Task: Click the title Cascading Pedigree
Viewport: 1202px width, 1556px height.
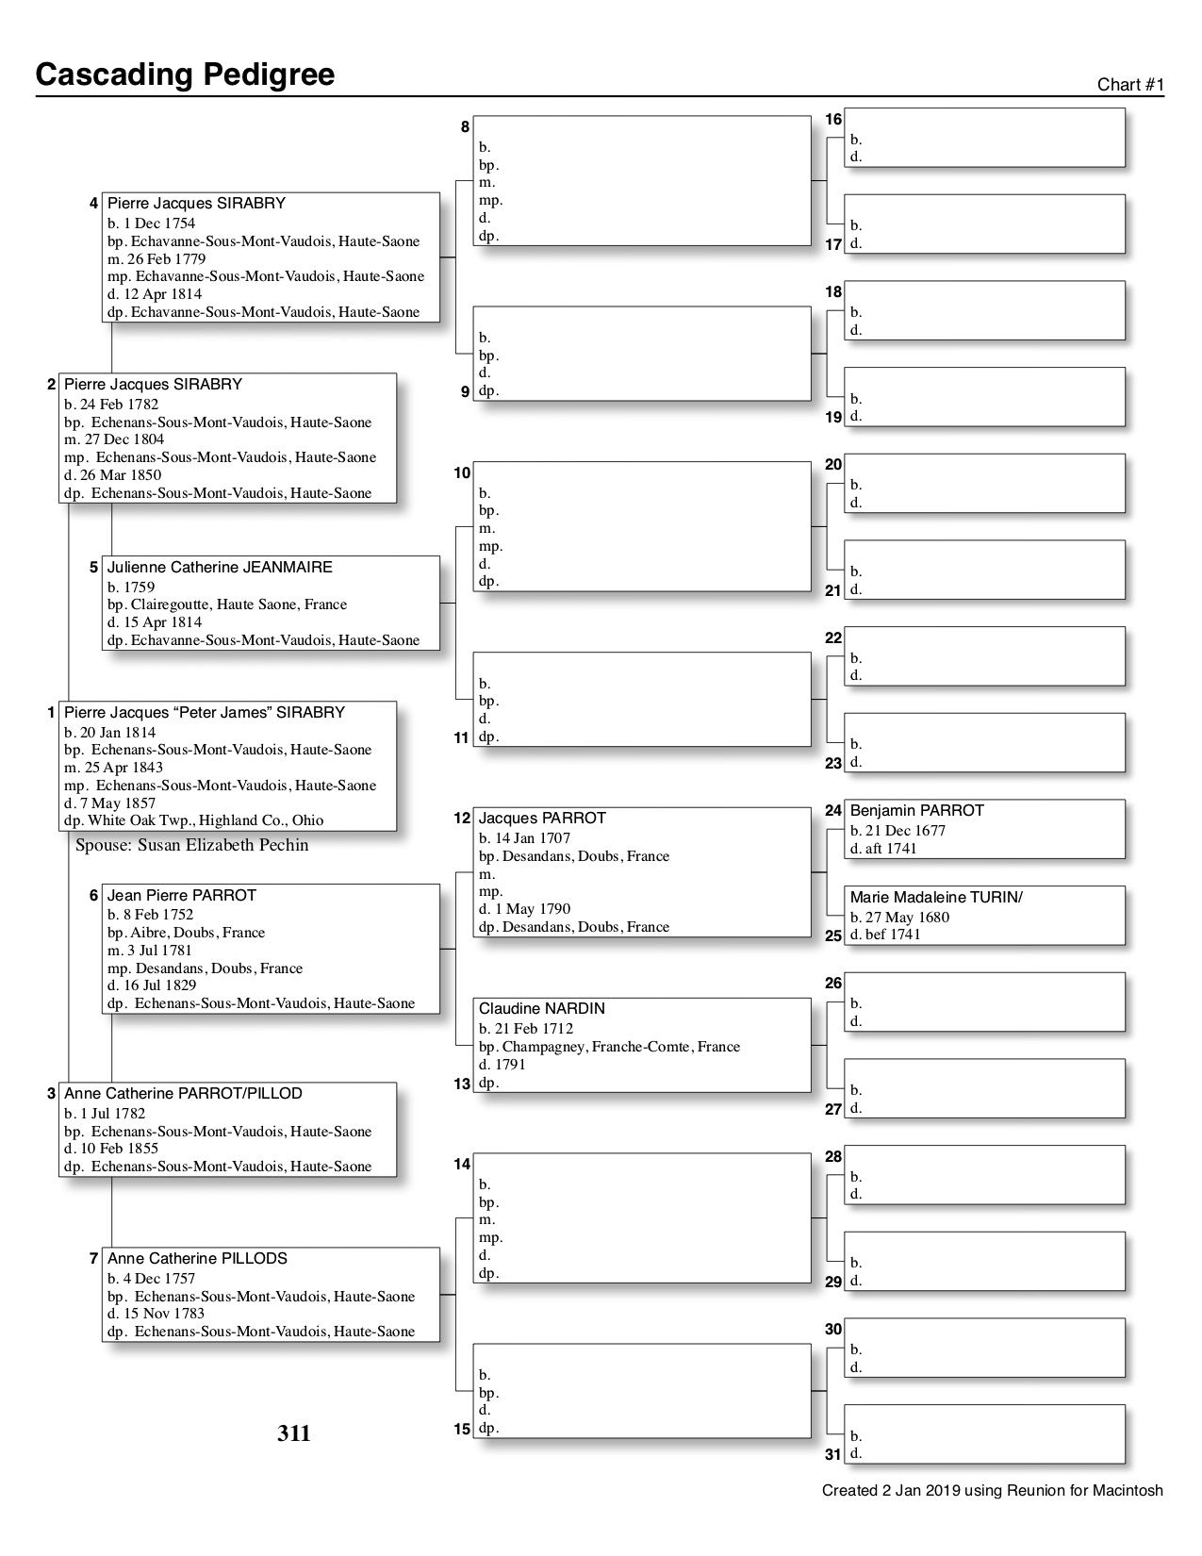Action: (185, 74)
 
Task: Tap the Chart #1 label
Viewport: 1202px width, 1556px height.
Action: (1130, 85)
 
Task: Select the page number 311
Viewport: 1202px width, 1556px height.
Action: (293, 1434)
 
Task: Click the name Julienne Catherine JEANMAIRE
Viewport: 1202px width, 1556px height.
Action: (220, 567)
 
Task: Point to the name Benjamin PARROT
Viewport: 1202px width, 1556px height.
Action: (916, 810)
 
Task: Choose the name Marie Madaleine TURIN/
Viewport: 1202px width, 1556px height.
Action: (935, 897)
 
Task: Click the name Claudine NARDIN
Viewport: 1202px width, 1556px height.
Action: (541, 1008)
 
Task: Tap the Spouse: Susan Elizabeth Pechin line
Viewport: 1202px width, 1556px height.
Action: (191, 845)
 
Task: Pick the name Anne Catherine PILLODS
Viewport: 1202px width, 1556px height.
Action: (197, 1258)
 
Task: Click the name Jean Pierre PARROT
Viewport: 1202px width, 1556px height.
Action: (181, 895)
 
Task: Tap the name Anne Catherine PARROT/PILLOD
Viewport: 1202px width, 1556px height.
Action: (183, 1093)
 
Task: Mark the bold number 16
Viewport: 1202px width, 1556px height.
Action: (833, 119)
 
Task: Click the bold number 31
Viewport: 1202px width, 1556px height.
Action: (833, 1454)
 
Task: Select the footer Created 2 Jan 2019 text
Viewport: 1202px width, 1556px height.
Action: (992, 1491)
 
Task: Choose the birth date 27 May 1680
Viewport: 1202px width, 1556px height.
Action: (899, 918)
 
